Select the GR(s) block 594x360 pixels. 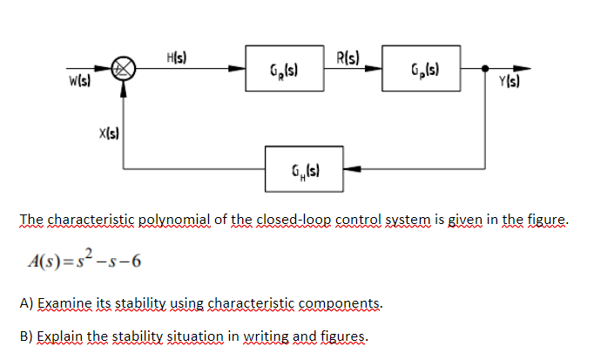point(280,68)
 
